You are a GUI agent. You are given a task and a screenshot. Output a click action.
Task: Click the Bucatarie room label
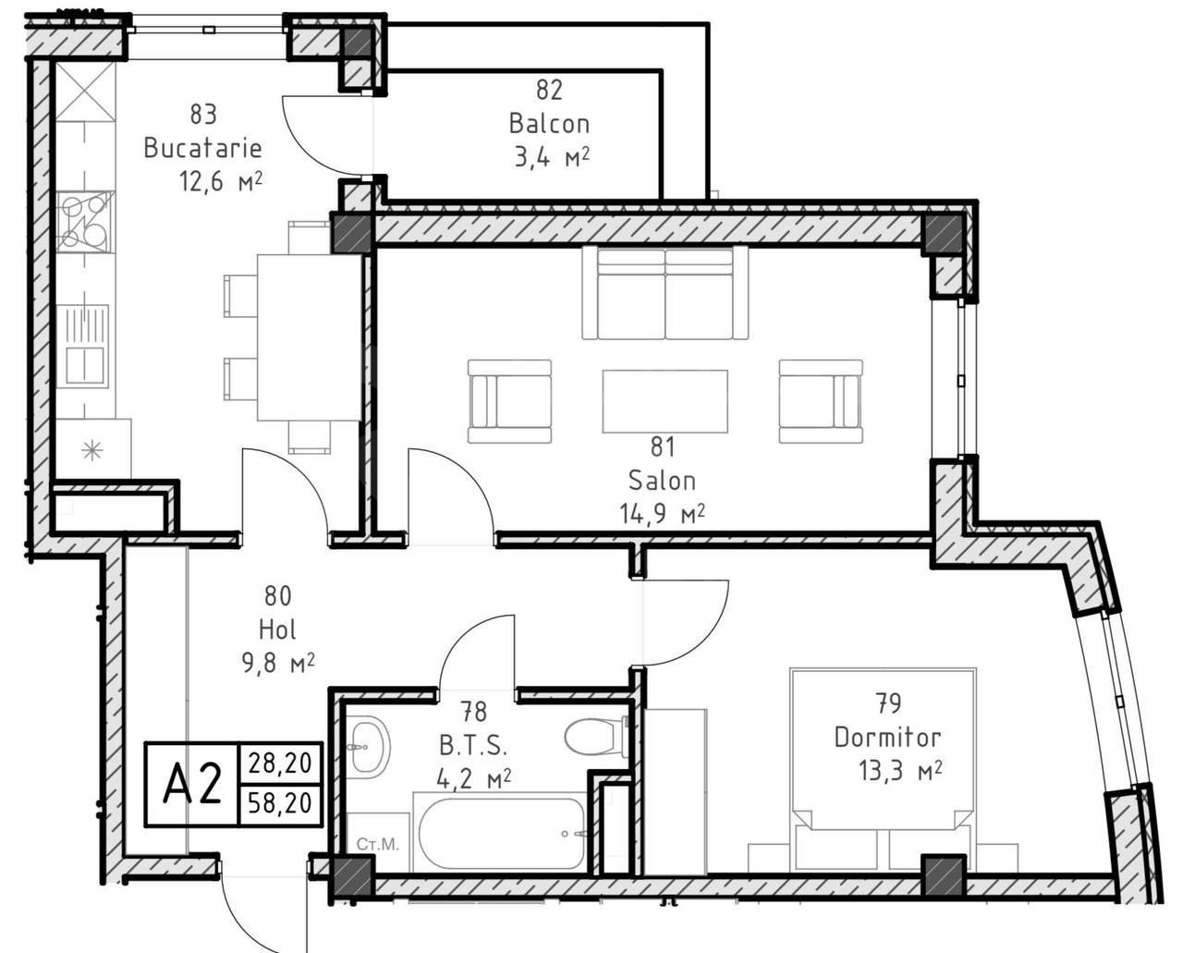point(202,148)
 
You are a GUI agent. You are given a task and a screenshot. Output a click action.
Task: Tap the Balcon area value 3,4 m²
point(552,157)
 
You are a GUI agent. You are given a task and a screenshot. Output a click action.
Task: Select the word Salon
point(662,481)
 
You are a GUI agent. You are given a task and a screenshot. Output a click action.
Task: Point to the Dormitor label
point(887,738)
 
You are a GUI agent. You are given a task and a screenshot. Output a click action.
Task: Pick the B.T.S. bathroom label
point(473,746)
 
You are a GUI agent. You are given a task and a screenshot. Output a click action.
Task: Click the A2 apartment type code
point(191,785)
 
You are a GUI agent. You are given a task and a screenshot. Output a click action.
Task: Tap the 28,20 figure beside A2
point(280,764)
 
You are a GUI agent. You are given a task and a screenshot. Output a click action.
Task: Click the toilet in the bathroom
point(596,738)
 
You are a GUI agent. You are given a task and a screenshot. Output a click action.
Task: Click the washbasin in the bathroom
point(369,745)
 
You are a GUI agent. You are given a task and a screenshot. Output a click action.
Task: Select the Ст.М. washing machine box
point(377,844)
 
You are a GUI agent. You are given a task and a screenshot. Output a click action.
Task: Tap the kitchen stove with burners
point(85,222)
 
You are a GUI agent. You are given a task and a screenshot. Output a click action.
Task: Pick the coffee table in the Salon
point(665,401)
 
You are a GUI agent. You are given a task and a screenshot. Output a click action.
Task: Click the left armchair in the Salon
point(509,401)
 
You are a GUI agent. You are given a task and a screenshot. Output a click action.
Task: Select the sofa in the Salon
point(665,293)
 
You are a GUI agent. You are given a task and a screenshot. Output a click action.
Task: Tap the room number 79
point(887,704)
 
